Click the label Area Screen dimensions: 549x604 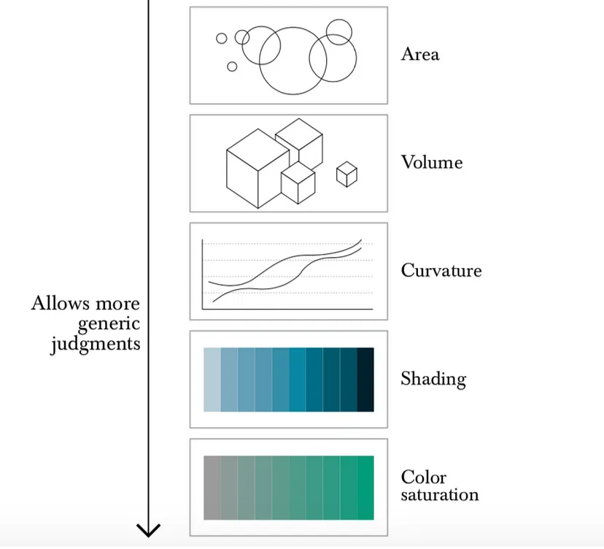pyautogui.click(x=419, y=55)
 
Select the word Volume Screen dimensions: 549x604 pyautogui.click(x=431, y=162)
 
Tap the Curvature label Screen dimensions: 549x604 pyautogui.click(x=441, y=270)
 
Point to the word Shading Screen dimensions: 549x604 pyautogui.click(x=433, y=379)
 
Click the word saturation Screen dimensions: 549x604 pyautogui.click(x=439, y=495)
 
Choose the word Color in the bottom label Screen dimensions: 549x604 pyautogui.click(x=423, y=477)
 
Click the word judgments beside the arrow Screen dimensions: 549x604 pyautogui.click(x=95, y=342)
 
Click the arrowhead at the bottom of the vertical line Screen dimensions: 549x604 pyautogui.click(x=149, y=530)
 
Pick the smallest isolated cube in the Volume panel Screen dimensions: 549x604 pyautogui.click(x=346, y=174)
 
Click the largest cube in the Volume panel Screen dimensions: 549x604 pyautogui.click(x=258, y=168)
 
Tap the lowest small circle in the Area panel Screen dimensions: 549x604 pyautogui.click(x=232, y=67)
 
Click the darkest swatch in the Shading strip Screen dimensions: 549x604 pyautogui.click(x=365, y=380)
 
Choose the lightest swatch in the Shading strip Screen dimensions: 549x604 pyautogui.click(x=212, y=380)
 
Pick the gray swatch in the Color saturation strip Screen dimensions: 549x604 pyautogui.click(x=212, y=488)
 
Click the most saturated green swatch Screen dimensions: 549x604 pyautogui.click(x=365, y=488)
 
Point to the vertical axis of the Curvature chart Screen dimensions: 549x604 pyautogui.click(x=202, y=274)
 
